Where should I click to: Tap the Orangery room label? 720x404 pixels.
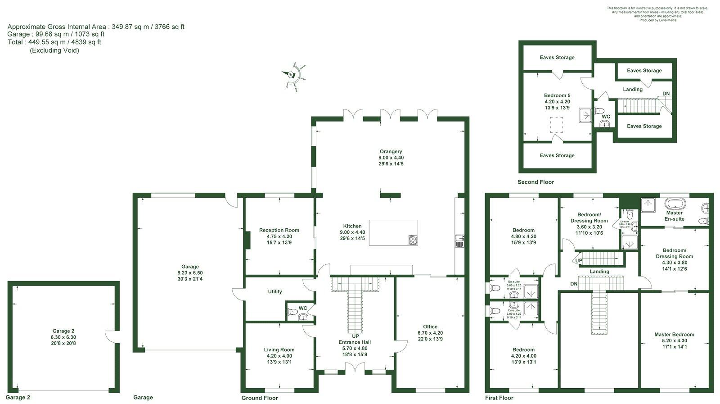point(391,152)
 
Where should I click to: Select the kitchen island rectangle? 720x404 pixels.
point(393,232)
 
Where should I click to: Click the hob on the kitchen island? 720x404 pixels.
point(413,240)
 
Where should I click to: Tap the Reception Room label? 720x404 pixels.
point(279,230)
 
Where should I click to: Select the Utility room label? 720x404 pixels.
point(275,291)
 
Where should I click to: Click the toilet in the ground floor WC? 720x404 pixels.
point(293,312)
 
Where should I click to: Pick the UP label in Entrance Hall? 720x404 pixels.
point(355,336)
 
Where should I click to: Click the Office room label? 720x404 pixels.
point(430,327)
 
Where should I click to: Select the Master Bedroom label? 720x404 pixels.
point(674,335)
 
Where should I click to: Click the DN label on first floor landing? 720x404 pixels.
point(573,284)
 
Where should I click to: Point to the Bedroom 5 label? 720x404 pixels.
point(557,95)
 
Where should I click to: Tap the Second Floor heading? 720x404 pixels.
point(535,182)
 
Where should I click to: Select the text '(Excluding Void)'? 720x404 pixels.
point(54,50)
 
